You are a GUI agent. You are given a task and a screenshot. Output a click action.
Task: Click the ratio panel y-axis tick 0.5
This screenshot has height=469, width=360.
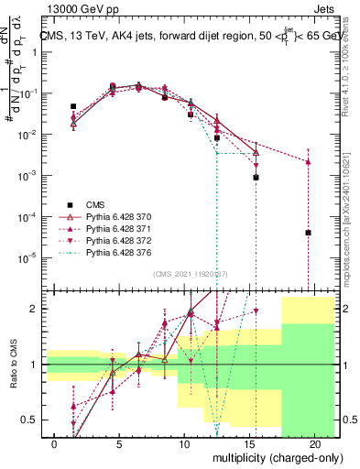[x=32, y=420]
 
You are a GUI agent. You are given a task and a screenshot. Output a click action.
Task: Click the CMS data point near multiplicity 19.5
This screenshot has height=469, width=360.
[x=309, y=233]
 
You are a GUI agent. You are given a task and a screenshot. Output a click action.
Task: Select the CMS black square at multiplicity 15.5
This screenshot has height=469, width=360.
[x=256, y=178]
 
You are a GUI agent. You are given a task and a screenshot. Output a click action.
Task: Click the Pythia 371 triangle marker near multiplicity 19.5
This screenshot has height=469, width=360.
[x=309, y=162]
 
